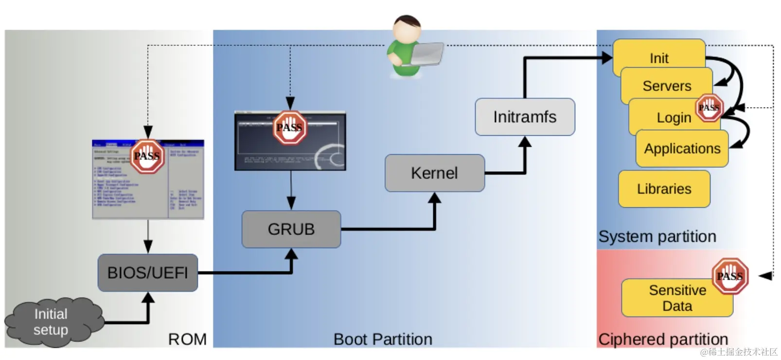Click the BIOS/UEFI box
coord(147,272)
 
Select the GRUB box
coord(291,229)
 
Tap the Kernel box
coord(434,173)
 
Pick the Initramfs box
coord(525,117)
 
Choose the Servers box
coord(666,86)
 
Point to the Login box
coord(674,118)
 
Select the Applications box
coord(682,148)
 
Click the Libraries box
coord(664,189)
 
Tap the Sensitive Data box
coord(677,298)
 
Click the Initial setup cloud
coord(51,322)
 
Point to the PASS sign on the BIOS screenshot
coord(147,156)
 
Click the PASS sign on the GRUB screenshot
coord(289,127)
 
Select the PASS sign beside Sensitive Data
coord(729,276)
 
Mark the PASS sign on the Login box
coord(709,108)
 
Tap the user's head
coord(407,29)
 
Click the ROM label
coord(187,339)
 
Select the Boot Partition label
coord(383,339)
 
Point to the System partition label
coord(657,236)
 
